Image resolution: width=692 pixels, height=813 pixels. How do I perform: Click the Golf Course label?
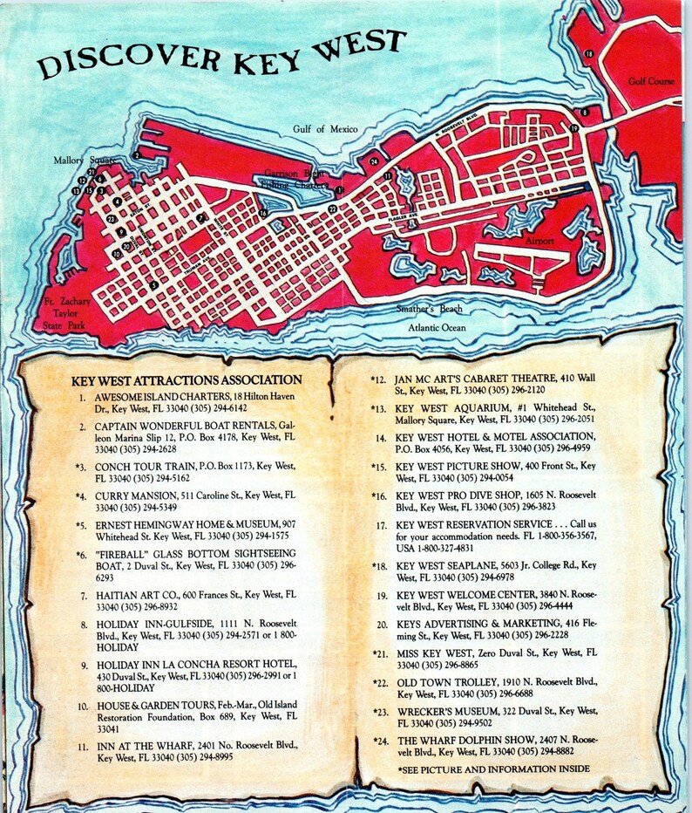pos(651,81)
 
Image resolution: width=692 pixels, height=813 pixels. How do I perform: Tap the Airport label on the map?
pos(539,240)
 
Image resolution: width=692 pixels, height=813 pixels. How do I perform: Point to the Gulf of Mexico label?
pos(326,129)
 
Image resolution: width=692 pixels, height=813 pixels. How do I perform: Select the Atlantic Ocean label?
pos(438,327)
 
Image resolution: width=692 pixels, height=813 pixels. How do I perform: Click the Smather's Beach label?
pos(430,309)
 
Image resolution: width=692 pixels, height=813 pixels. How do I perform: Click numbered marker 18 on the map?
pos(589,54)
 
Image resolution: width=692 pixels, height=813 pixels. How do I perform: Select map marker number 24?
pos(373,161)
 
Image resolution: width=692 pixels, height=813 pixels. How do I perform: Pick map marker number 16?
pos(262,212)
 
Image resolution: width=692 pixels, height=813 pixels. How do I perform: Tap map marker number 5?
pos(154,284)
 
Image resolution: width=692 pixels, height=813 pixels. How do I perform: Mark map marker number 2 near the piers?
pos(137,155)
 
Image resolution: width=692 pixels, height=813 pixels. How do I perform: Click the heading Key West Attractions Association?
pos(187,380)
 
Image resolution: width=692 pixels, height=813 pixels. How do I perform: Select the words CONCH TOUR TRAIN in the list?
pos(139,467)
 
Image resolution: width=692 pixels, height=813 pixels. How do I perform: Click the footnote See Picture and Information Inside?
pos(494,769)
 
